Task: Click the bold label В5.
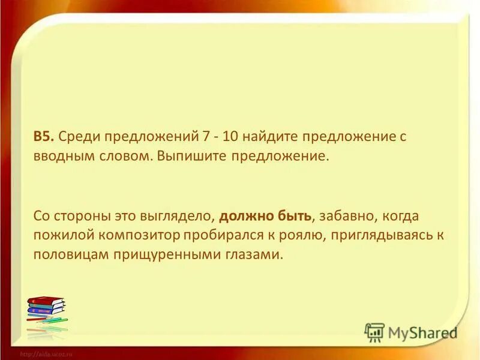[44, 136]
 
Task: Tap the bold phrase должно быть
[266, 215]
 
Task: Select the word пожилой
[57, 235]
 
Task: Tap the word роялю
[288, 235]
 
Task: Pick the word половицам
[66, 254]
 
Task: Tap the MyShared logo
[411, 332]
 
